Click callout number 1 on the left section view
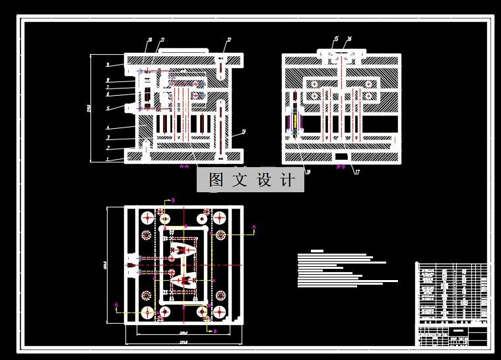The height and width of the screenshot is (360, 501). click(107, 159)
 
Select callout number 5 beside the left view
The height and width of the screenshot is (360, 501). click(107, 108)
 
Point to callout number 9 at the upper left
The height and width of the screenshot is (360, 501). click(107, 65)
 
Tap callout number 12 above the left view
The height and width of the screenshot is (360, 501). click(228, 40)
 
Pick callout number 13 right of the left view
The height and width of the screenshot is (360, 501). click(244, 131)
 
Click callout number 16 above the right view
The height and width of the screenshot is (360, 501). click(349, 39)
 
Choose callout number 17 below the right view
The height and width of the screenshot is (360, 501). click(356, 172)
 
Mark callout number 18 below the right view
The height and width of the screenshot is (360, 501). click(308, 172)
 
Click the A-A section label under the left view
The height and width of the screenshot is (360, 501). click(185, 168)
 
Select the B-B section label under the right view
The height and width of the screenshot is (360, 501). click(341, 168)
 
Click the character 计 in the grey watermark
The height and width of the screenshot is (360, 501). click(287, 180)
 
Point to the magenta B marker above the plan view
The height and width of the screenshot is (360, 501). click(173, 199)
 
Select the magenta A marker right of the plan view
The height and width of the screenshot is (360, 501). click(255, 227)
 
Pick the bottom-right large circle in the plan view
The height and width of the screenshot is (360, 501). click(219, 312)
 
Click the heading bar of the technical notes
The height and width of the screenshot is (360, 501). click(317, 251)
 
